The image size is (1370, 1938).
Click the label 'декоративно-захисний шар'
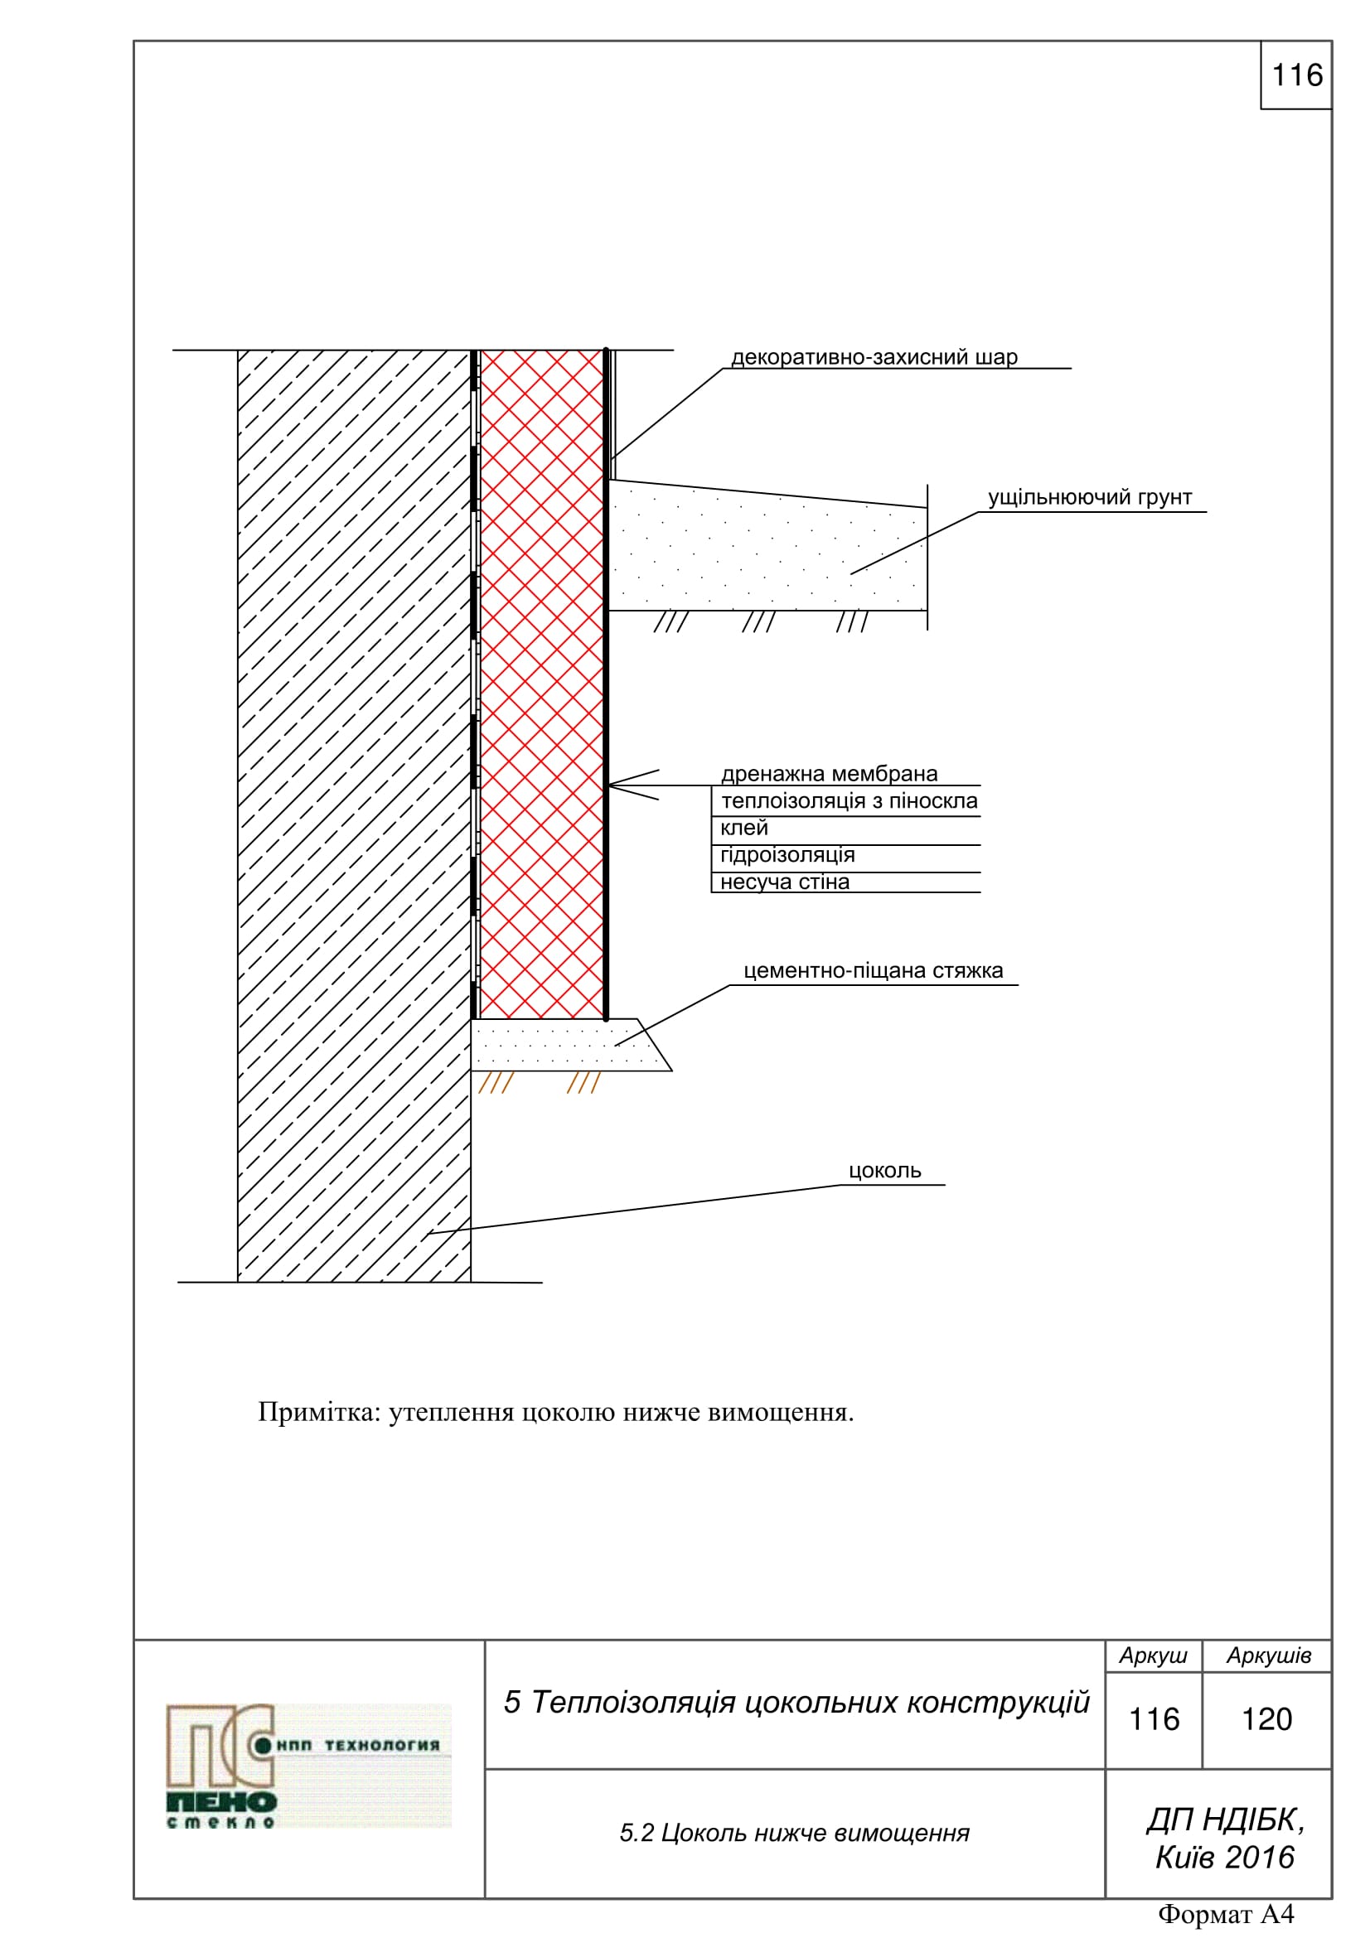click(x=874, y=357)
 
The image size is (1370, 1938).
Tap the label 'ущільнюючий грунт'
click(x=1089, y=497)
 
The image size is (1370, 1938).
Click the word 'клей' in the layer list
click(x=743, y=828)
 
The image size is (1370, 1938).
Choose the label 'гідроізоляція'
click(x=787, y=855)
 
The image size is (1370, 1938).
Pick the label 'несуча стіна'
click(x=784, y=882)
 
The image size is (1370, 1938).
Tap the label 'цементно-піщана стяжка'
click(x=873, y=971)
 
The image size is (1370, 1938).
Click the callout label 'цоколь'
click(x=883, y=1171)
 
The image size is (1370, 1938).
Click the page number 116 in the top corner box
click(x=1296, y=75)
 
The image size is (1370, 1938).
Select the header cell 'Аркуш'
click(x=1153, y=1655)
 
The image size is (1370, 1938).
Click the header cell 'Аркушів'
click(x=1268, y=1655)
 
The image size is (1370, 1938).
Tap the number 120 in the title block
click(x=1266, y=1719)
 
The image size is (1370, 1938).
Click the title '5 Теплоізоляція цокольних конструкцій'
click(x=796, y=1703)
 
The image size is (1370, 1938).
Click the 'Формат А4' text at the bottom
click(x=1226, y=1913)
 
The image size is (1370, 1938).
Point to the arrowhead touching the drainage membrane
click(x=612, y=785)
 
